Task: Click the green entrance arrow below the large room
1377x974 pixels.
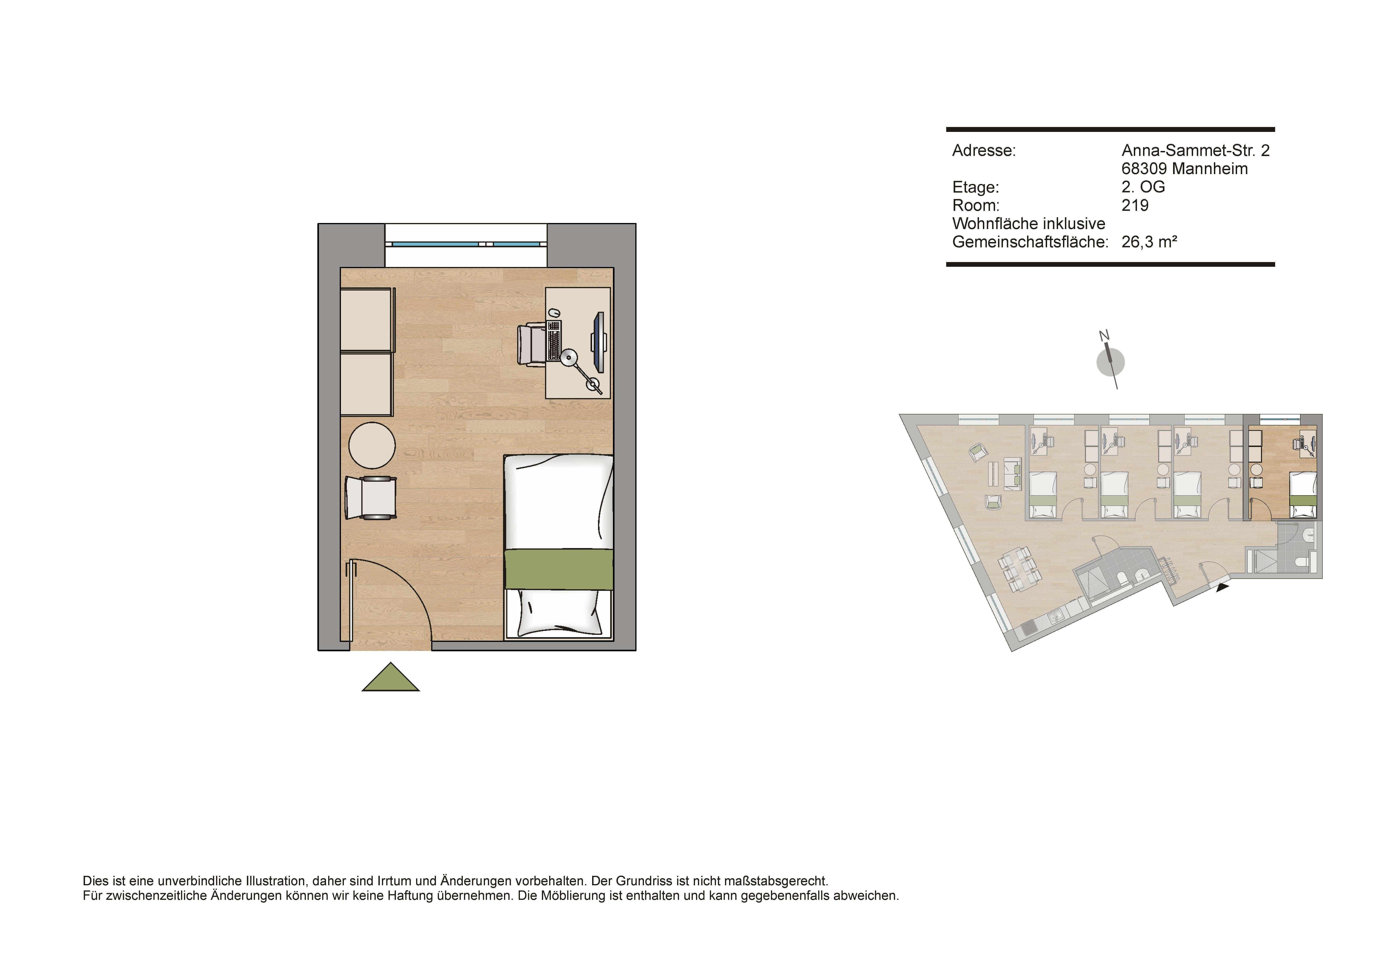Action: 390,679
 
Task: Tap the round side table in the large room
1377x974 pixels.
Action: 372,445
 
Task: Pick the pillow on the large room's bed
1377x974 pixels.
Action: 559,613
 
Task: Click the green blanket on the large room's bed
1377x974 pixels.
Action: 559,569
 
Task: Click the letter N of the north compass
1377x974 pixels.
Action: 1104,336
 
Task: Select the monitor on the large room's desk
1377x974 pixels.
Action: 599,342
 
